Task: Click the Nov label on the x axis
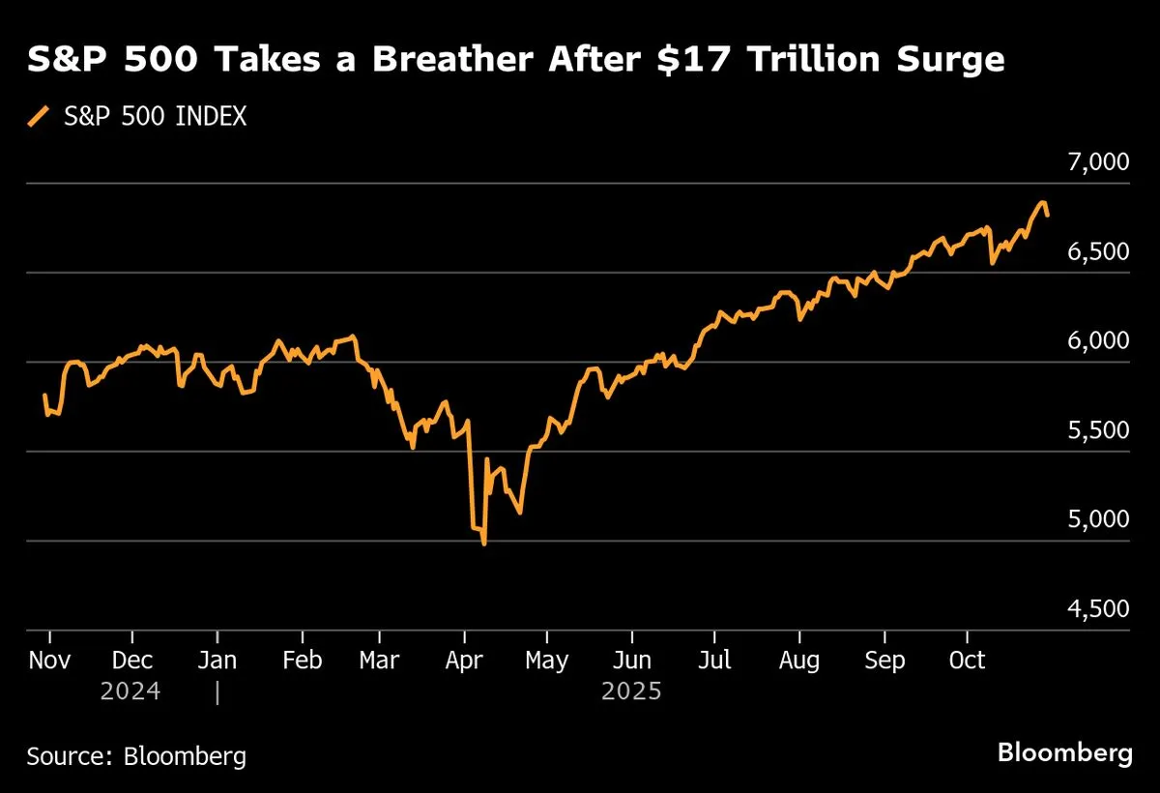pyautogui.click(x=48, y=661)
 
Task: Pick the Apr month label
pyautogui.click(x=466, y=661)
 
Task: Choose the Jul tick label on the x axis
pyautogui.click(x=714, y=661)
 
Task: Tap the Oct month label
pyautogui.click(x=968, y=661)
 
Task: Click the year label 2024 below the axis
pyautogui.click(x=130, y=692)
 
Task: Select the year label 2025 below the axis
pyautogui.click(x=631, y=692)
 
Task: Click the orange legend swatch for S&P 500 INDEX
pyautogui.click(x=39, y=117)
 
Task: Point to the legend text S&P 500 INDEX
pyautogui.click(x=155, y=117)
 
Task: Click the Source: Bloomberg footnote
pyautogui.click(x=136, y=755)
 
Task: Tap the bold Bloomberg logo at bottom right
pyautogui.click(x=1064, y=752)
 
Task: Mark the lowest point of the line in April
pyautogui.click(x=483, y=544)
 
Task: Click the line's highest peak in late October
pyautogui.click(x=1043, y=202)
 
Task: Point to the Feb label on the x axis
pyautogui.click(x=303, y=661)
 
